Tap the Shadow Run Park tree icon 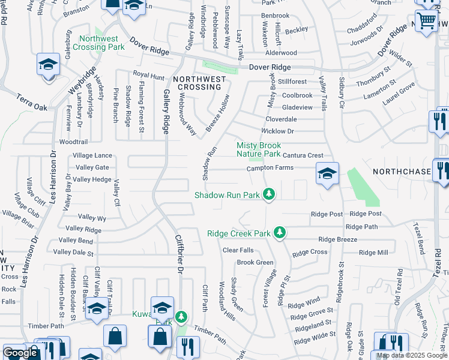270,194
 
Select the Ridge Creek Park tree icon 279,232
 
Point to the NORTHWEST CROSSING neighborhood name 199,83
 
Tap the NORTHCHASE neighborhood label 402,172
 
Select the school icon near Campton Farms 327,173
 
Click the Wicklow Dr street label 277,131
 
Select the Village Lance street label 92,155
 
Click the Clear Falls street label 238,250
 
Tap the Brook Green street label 255,262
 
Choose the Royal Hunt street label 148,76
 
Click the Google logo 20,353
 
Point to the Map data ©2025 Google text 412,356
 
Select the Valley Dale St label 74,253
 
